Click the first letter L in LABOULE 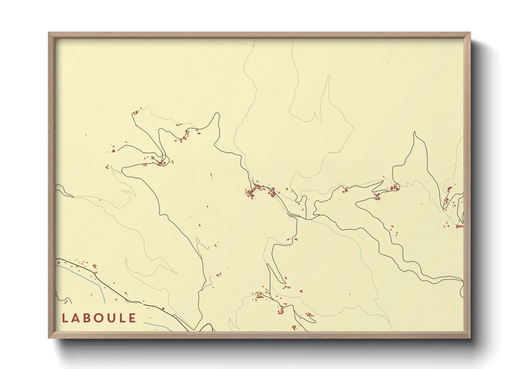[65, 318]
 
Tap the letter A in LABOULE [76, 318]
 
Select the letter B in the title [87, 318]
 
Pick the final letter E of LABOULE [132, 318]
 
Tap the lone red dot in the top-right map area [388, 64]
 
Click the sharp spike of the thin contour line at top [328, 76]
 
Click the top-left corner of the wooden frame [49, 33]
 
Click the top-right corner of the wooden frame [470, 33]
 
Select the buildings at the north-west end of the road [136, 112]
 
